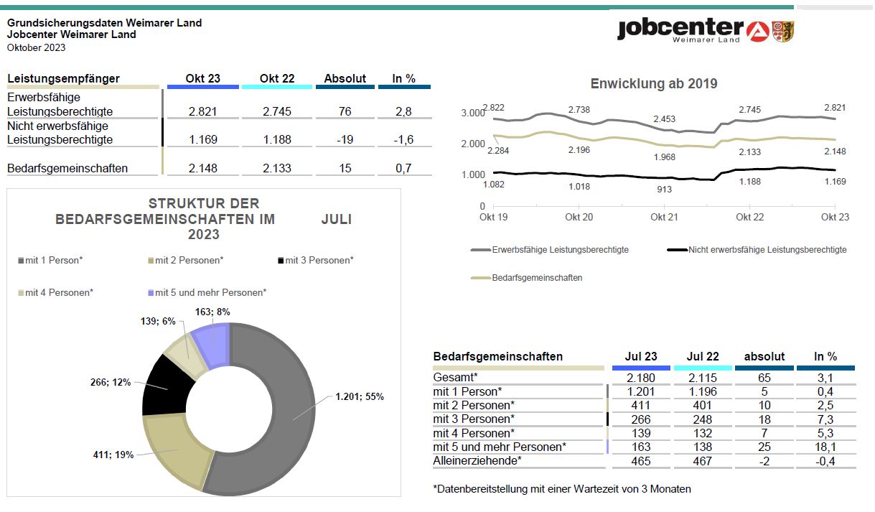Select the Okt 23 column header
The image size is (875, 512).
pos(202,78)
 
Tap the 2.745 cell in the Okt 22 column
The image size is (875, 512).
pos(277,111)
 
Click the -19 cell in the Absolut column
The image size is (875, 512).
pos(345,139)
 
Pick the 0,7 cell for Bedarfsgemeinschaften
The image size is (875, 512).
pos(403,169)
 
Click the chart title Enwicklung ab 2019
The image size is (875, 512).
pos(654,83)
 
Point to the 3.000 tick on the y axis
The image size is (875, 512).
pos(472,113)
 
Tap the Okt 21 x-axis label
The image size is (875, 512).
pos(664,218)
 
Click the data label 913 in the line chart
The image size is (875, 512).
pos(664,190)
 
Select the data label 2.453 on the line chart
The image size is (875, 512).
pos(665,118)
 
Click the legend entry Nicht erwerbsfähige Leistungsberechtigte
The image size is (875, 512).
pos(757,250)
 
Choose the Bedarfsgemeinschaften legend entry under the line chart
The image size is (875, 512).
pos(527,278)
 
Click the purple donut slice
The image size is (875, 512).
pos(211,346)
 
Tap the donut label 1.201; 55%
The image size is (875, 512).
pos(360,396)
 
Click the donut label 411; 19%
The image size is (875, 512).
pos(113,455)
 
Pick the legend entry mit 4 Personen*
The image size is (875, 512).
pos(55,293)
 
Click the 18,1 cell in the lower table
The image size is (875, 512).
pos(825,447)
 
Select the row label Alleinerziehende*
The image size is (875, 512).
pos(477,461)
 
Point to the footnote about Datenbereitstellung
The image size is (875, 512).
pos(562,489)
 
